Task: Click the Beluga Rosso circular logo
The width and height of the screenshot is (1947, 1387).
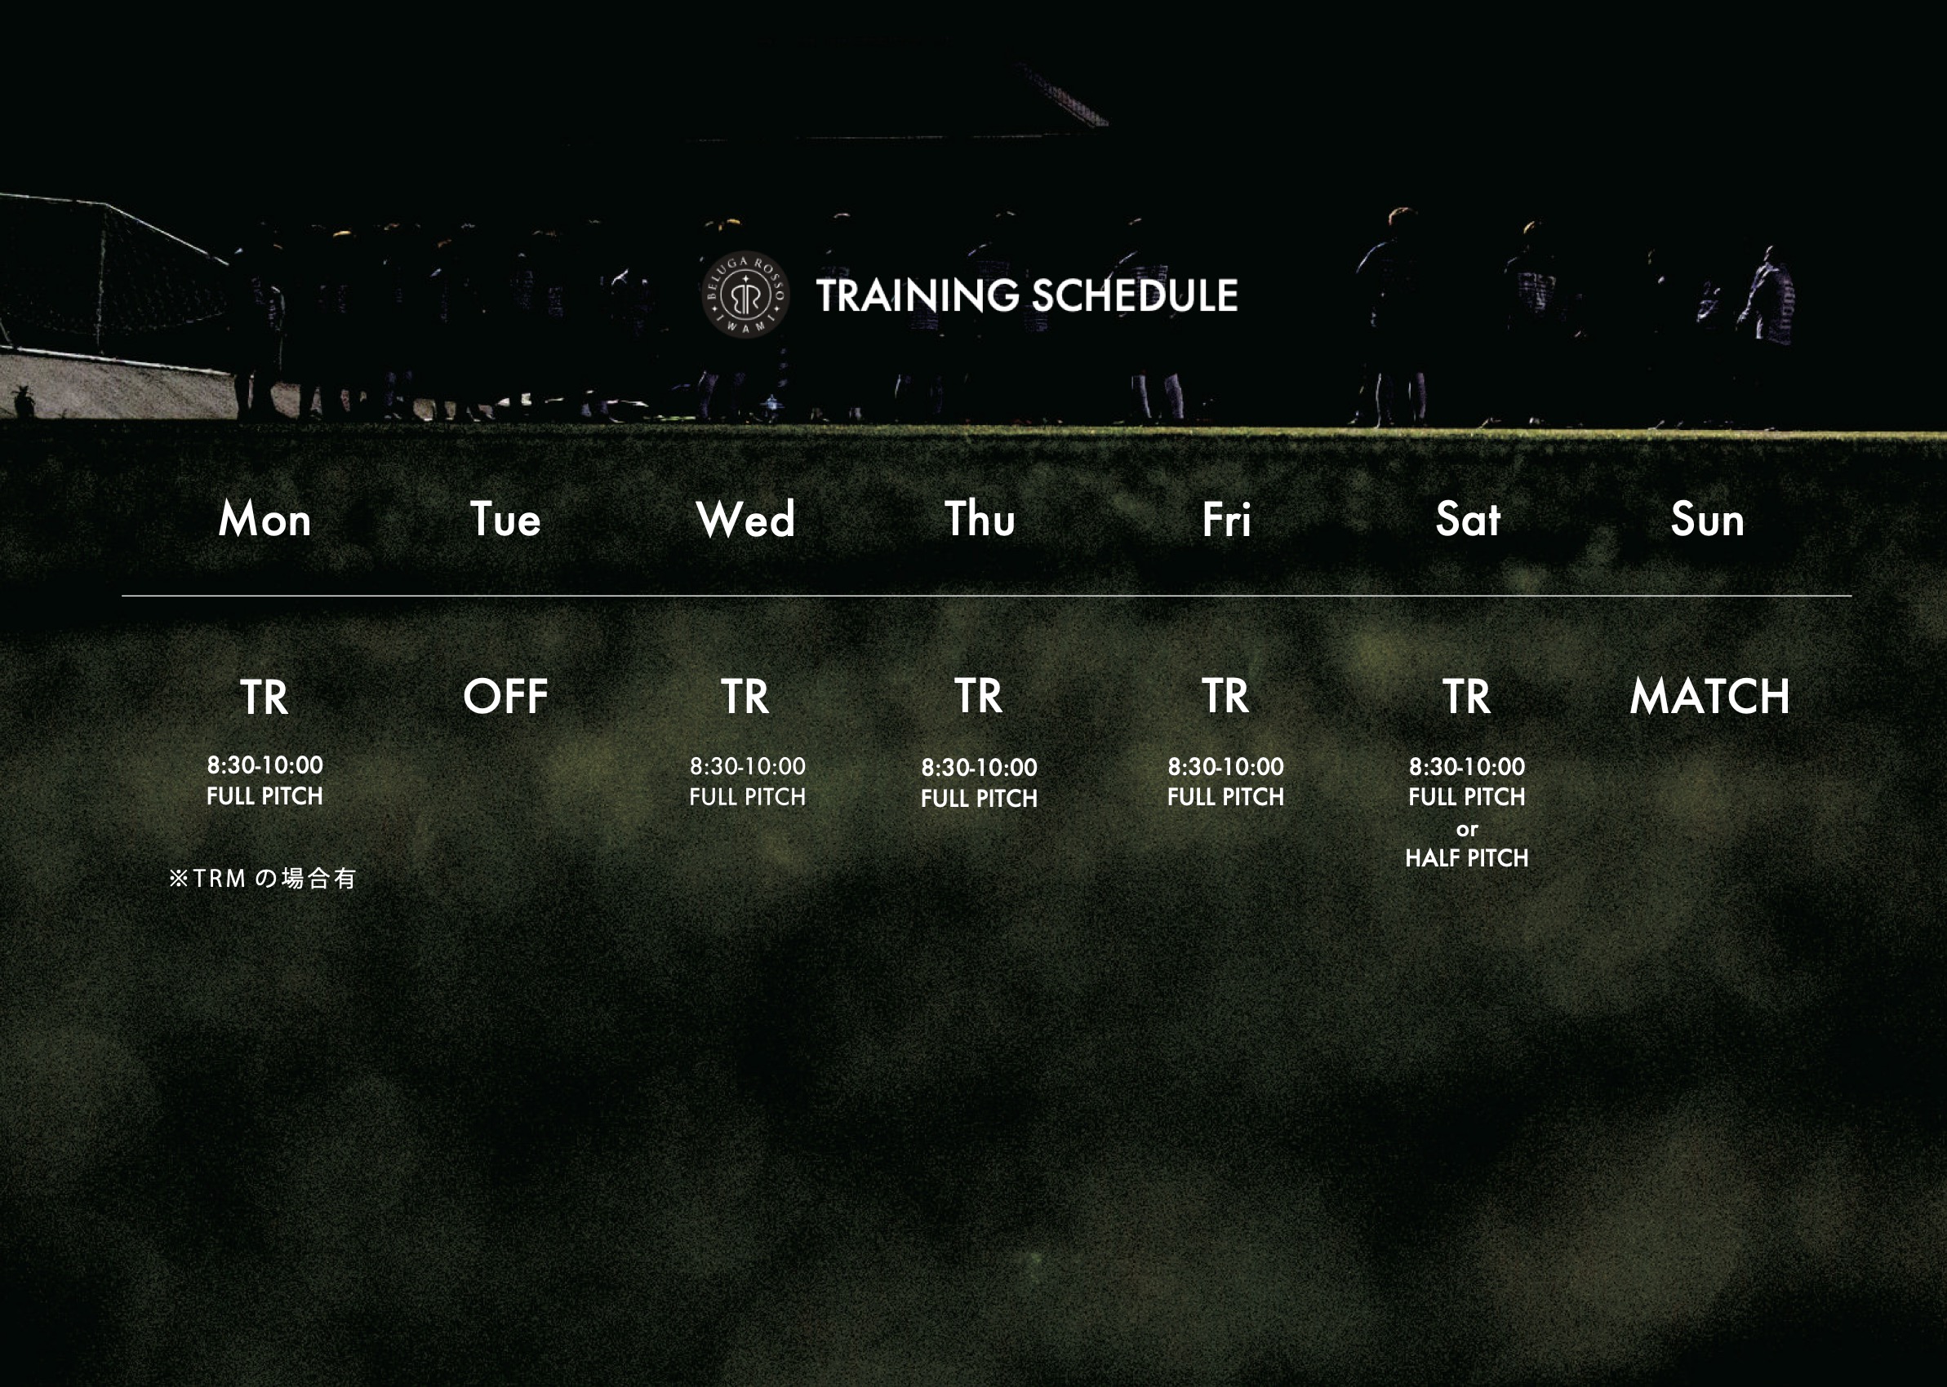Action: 745,295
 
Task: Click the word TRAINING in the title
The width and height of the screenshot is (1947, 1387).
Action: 918,295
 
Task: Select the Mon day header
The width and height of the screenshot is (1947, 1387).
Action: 264,519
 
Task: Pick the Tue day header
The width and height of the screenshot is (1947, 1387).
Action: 506,519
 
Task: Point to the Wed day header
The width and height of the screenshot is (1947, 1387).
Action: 746,519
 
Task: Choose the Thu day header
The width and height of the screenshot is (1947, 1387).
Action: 980,518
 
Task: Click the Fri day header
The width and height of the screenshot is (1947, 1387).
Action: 1226,519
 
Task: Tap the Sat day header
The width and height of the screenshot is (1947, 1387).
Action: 1468,519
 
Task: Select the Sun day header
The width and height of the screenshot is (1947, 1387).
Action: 1708,519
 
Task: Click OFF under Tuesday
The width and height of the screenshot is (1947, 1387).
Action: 506,697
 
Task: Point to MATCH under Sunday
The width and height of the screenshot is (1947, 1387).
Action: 1709,696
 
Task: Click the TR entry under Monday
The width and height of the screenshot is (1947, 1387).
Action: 264,698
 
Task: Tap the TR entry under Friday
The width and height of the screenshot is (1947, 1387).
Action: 1226,696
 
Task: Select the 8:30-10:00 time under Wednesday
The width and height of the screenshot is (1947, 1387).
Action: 748,766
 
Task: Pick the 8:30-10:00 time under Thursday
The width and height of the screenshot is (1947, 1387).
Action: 979,767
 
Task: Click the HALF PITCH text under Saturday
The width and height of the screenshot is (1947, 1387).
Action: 1467,857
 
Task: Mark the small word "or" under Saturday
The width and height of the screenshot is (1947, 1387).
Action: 1467,829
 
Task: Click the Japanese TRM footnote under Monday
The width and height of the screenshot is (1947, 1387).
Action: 262,878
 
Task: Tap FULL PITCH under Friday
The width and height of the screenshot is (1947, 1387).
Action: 1226,797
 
